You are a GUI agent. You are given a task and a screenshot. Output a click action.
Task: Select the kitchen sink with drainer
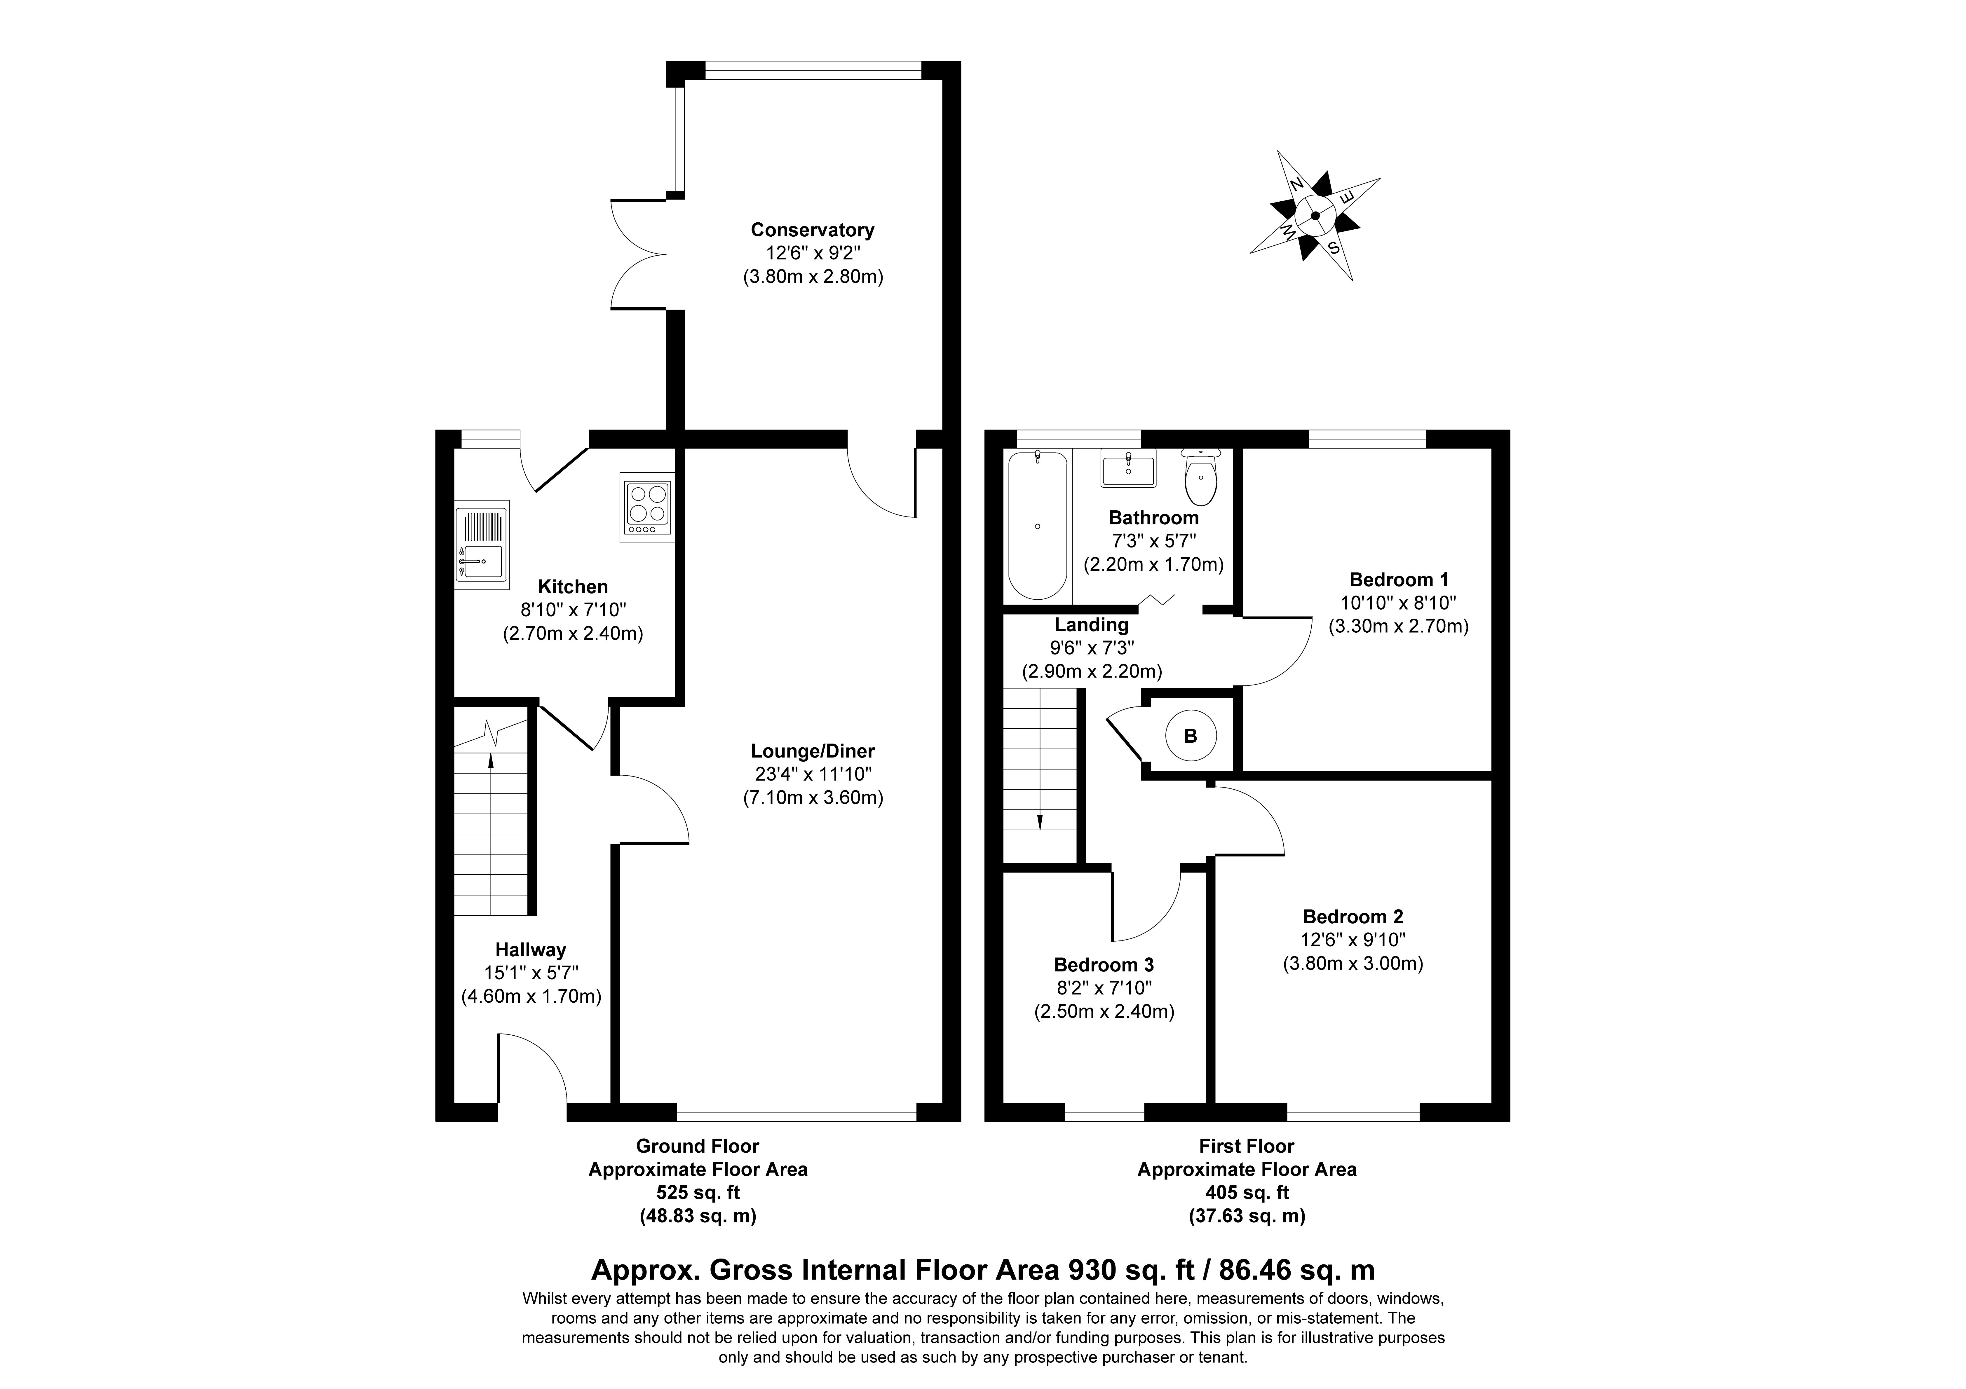click(x=481, y=545)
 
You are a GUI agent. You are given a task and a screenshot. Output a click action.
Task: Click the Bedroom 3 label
click(x=1104, y=964)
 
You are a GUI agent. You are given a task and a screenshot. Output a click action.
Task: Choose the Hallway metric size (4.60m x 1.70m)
click(x=531, y=996)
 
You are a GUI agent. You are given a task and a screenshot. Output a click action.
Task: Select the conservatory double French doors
click(x=638, y=254)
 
